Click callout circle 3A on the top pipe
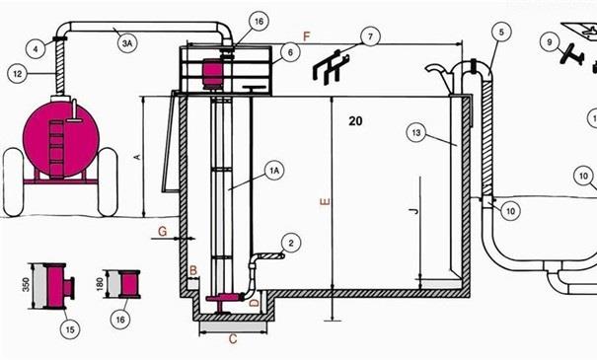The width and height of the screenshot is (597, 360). point(127,43)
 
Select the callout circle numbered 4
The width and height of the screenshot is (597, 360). point(36,49)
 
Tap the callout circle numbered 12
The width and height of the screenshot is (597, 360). point(18,73)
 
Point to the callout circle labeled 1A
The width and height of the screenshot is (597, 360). point(274,171)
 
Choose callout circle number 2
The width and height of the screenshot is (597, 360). point(291,244)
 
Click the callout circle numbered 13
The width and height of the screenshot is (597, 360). point(416,133)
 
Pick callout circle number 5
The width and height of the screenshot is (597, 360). point(501,33)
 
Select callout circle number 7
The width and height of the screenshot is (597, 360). point(370,36)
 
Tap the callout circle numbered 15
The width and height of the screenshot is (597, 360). point(70,328)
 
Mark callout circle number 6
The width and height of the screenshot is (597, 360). point(290,52)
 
